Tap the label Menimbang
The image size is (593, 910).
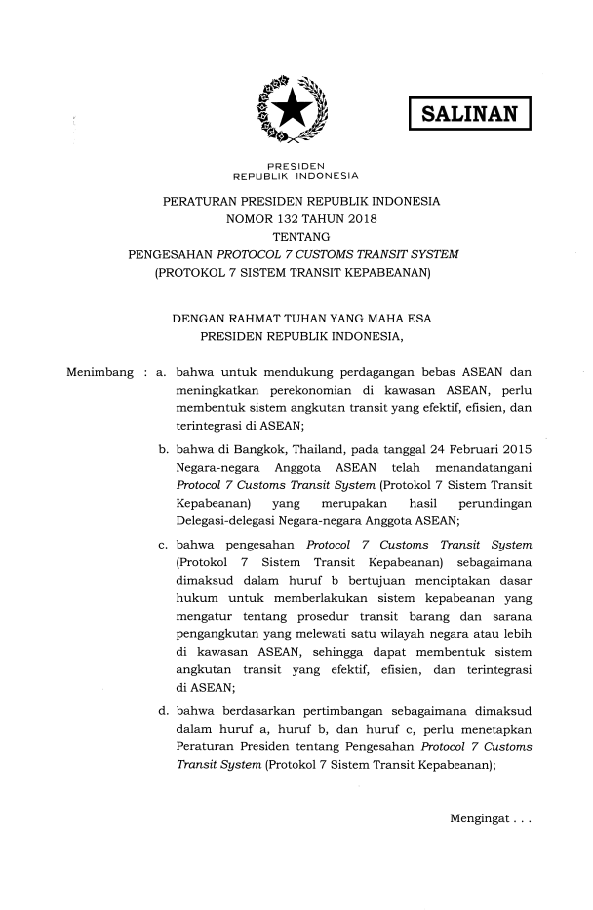click(x=99, y=373)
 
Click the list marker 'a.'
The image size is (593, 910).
click(x=162, y=373)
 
